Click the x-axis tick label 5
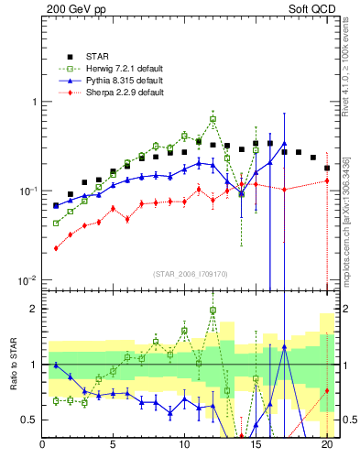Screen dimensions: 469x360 click(x=113, y=447)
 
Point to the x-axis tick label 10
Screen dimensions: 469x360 click(x=184, y=447)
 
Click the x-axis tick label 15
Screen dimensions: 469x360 click(x=256, y=447)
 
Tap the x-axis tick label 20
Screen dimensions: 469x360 click(x=326, y=447)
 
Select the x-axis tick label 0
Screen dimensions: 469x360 click(x=42, y=447)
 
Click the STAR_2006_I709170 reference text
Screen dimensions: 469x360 click(x=190, y=274)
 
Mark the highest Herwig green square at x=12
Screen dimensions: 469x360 click(x=213, y=119)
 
